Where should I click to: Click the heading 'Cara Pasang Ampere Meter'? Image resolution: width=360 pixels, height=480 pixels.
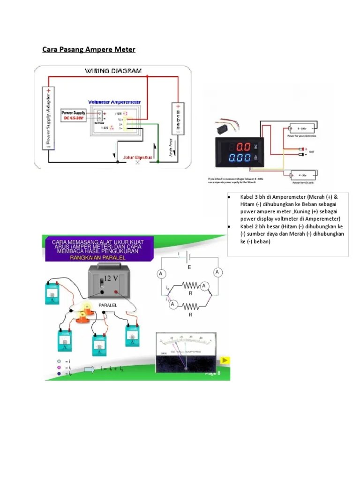pyautogui.click(x=89, y=49)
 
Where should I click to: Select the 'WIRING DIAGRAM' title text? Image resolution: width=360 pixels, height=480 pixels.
pyautogui.click(x=113, y=71)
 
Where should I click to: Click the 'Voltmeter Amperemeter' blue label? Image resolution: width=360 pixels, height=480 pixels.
pyautogui.click(x=114, y=102)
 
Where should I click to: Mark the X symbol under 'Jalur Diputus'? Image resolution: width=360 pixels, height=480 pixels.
pyautogui.click(x=137, y=163)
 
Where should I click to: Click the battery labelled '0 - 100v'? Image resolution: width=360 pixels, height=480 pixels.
pyautogui.click(x=302, y=128)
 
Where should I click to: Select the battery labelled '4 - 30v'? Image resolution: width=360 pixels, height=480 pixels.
pyautogui.click(x=302, y=174)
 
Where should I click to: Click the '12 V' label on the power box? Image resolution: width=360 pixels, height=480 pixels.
pyautogui.click(x=112, y=278)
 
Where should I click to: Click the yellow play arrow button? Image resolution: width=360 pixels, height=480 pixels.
pyautogui.click(x=225, y=360)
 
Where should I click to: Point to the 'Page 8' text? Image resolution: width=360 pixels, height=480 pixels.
pyautogui.click(x=212, y=373)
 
